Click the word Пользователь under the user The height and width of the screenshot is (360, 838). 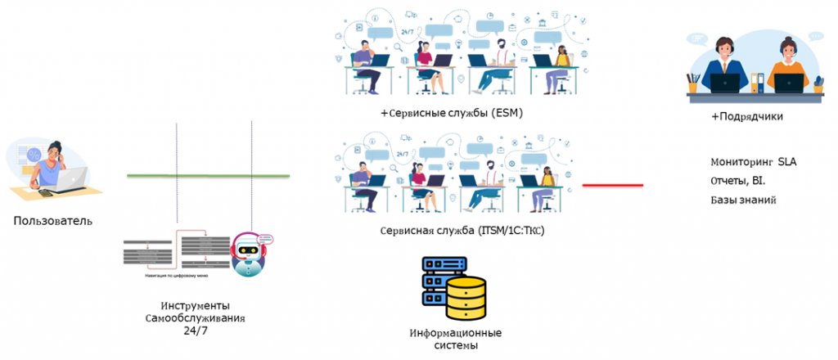pos(52,221)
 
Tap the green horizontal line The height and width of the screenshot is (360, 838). pos(208,176)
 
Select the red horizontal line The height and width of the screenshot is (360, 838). pos(612,185)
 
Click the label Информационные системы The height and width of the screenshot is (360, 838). pos(456,339)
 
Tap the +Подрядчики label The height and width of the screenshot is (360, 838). pos(746,117)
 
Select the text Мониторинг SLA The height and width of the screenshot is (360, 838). pos(753,162)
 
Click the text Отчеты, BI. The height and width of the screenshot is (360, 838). pos(738,181)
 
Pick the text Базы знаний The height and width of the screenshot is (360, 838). pos(743,200)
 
